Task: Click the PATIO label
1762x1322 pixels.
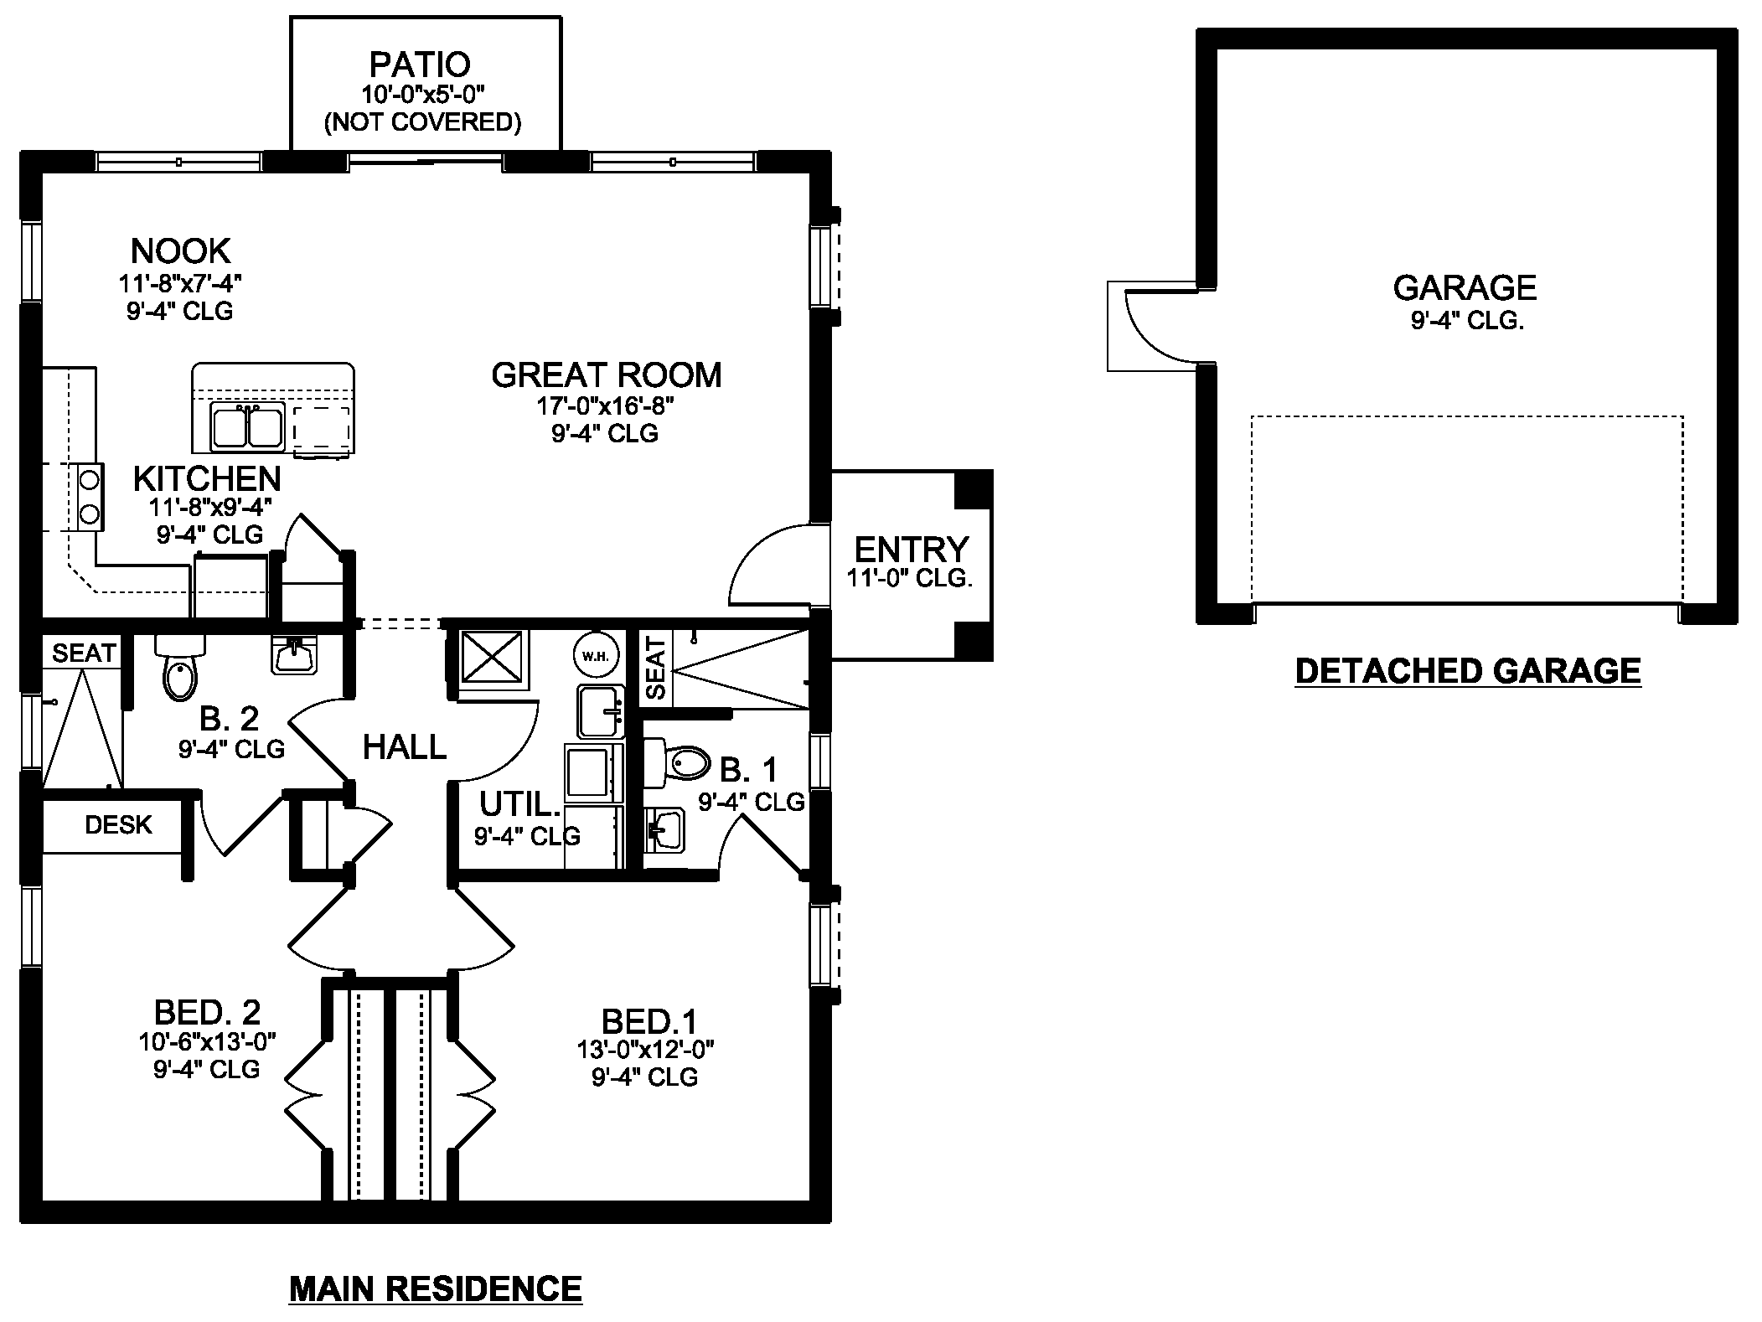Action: click(x=421, y=65)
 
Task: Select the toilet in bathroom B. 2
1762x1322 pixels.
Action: click(x=180, y=666)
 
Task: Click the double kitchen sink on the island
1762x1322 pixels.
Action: click(x=248, y=426)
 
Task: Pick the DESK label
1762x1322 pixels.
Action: click(x=119, y=825)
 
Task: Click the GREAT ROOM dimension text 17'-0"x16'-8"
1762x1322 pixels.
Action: click(x=606, y=406)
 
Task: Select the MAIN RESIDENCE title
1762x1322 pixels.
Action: click(x=436, y=1288)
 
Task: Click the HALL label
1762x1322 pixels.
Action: click(x=405, y=746)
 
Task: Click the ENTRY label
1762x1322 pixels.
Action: click(x=912, y=550)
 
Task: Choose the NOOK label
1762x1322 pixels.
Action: click(x=181, y=250)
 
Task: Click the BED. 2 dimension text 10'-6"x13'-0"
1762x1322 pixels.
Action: click(x=208, y=1042)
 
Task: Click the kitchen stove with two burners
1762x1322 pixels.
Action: click(x=89, y=497)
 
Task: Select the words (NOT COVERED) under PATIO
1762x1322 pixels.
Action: click(x=423, y=122)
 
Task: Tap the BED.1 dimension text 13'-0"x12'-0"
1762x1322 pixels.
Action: click(x=645, y=1049)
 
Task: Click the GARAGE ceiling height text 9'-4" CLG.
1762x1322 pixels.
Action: click(x=1467, y=321)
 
